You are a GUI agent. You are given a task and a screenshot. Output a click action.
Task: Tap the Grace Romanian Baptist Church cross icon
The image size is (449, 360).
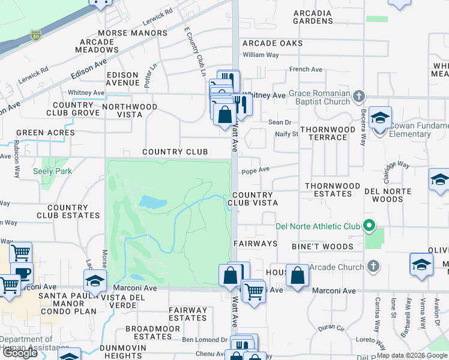pos(358,96)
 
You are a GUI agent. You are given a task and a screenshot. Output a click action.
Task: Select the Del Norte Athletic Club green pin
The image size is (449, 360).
pos(369,226)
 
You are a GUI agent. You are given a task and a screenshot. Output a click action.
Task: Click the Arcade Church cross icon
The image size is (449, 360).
pos(373,266)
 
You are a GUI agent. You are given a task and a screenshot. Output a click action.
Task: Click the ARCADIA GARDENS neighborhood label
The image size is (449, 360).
pos(313,17)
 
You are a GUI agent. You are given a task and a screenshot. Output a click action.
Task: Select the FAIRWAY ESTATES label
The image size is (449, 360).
pos(188,314)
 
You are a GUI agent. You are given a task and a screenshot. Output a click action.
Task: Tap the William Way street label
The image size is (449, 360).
pos(261,55)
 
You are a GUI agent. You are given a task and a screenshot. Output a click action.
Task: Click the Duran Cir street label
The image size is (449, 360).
pos(331,328)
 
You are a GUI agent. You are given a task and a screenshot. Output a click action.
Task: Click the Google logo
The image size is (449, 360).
pos(20,352)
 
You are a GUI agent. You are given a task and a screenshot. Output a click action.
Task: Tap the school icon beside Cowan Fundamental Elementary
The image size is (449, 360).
pos(380,118)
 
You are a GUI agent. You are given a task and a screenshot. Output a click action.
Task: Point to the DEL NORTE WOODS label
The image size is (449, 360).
pos(391,195)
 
